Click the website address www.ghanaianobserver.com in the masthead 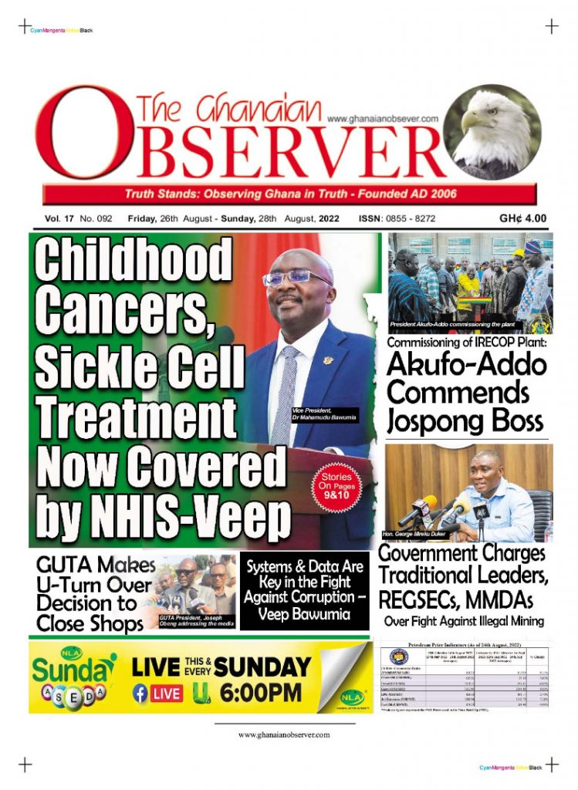[x=383, y=119]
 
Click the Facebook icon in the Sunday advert [x=141, y=693]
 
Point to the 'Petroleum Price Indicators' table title [x=467, y=642]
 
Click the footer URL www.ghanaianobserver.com [x=284, y=734]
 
